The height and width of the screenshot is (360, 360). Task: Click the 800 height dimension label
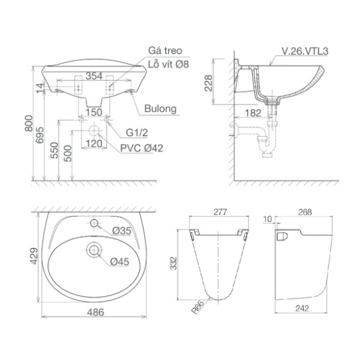pyautogui.click(x=29, y=123)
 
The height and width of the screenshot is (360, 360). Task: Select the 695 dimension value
pyautogui.click(x=40, y=135)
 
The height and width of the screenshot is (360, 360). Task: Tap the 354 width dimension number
pyautogui.click(x=94, y=76)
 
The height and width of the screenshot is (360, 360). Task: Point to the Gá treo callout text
pyautogui.click(x=165, y=50)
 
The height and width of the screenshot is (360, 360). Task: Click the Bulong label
pyautogui.click(x=161, y=109)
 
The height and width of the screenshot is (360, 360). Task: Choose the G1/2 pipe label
pyautogui.click(x=137, y=132)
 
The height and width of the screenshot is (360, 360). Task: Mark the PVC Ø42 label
pyautogui.click(x=142, y=148)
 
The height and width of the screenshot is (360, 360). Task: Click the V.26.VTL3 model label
pyautogui.click(x=305, y=51)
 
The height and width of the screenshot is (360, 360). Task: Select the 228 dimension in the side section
pyautogui.click(x=209, y=83)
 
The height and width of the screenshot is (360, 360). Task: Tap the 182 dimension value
pyautogui.click(x=253, y=113)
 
